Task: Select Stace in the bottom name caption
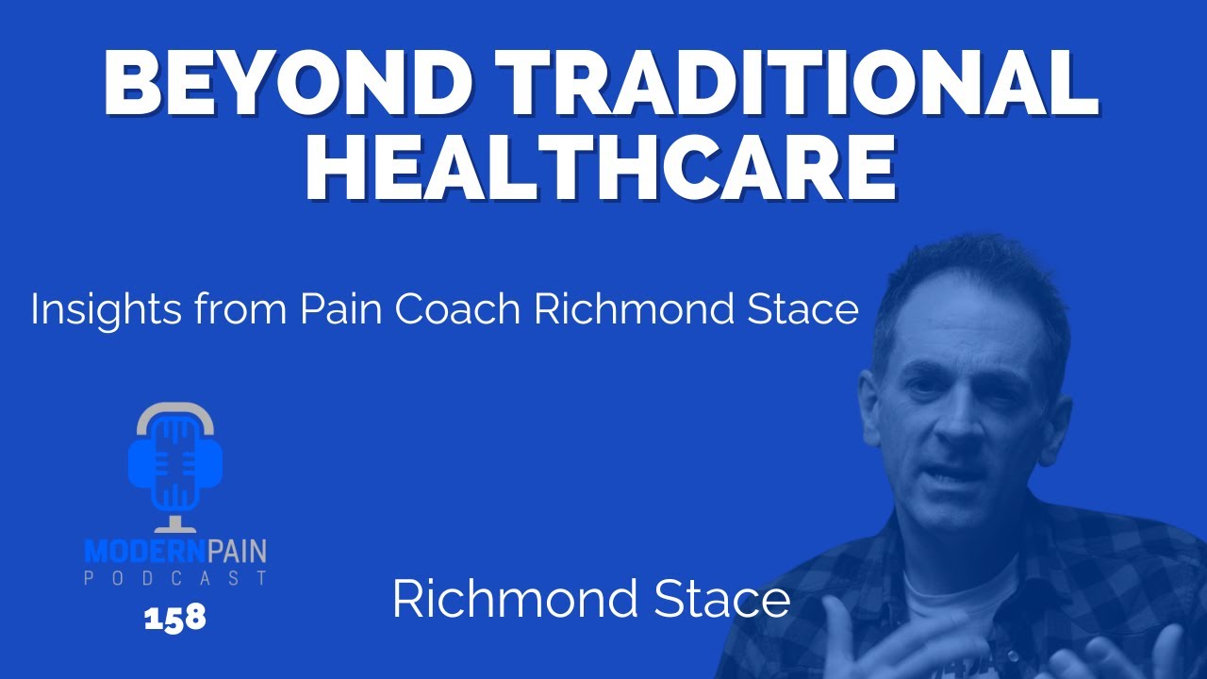coord(725,601)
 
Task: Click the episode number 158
coord(174,619)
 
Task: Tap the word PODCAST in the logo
coord(174,577)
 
